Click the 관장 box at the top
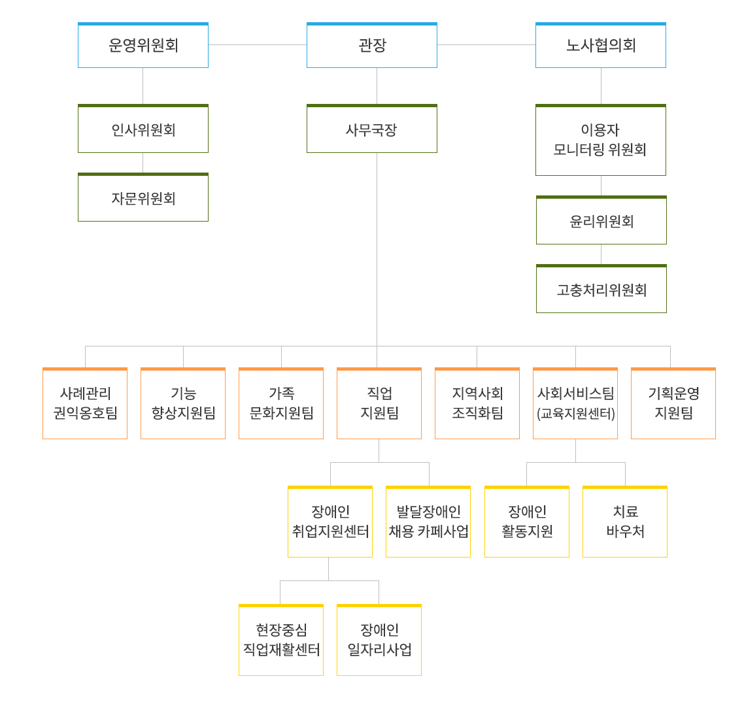click(371, 45)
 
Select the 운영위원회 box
click(143, 45)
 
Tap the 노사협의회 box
click(601, 45)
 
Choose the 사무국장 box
click(371, 129)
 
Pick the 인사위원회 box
click(143, 129)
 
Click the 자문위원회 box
click(143, 197)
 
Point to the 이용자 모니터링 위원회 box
click(601, 140)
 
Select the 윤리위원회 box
click(601, 220)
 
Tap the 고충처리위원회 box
click(601, 289)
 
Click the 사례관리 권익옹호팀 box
click(85, 403)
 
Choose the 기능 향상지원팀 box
click(183, 403)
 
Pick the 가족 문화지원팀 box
click(281, 403)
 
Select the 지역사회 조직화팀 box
click(477, 403)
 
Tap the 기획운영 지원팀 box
click(673, 403)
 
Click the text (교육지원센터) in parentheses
click(575, 414)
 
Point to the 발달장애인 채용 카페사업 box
click(428, 522)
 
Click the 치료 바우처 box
click(625, 522)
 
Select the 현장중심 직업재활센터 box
click(281, 640)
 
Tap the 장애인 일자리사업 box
click(379, 640)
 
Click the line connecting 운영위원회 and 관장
click(258, 44)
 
